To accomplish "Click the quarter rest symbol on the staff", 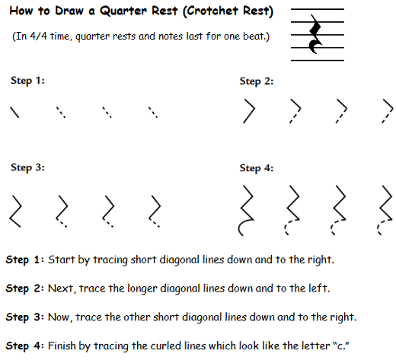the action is click(x=315, y=34).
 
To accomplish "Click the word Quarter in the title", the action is click(x=123, y=11).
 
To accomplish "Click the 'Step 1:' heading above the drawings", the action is click(x=27, y=81).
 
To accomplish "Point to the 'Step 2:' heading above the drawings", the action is click(x=257, y=81).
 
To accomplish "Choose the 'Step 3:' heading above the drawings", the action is click(x=27, y=167).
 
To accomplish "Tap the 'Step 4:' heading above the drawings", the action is click(x=257, y=168).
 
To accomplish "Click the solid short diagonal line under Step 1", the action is click(x=14, y=112).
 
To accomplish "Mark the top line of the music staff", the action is click(x=318, y=9).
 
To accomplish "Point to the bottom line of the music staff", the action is click(x=318, y=60).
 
